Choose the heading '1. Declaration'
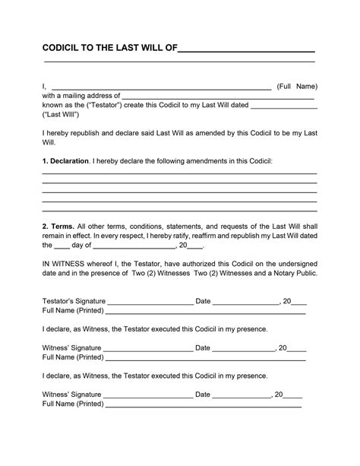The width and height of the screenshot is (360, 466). pos(65,162)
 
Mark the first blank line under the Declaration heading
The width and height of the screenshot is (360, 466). pos(179,174)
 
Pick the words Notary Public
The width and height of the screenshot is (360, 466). pos(295,272)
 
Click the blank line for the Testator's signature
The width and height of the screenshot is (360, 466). pos(151,303)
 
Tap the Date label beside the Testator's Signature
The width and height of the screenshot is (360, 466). pos(203,301)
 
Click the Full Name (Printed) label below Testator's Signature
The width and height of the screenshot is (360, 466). pos(72,311)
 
